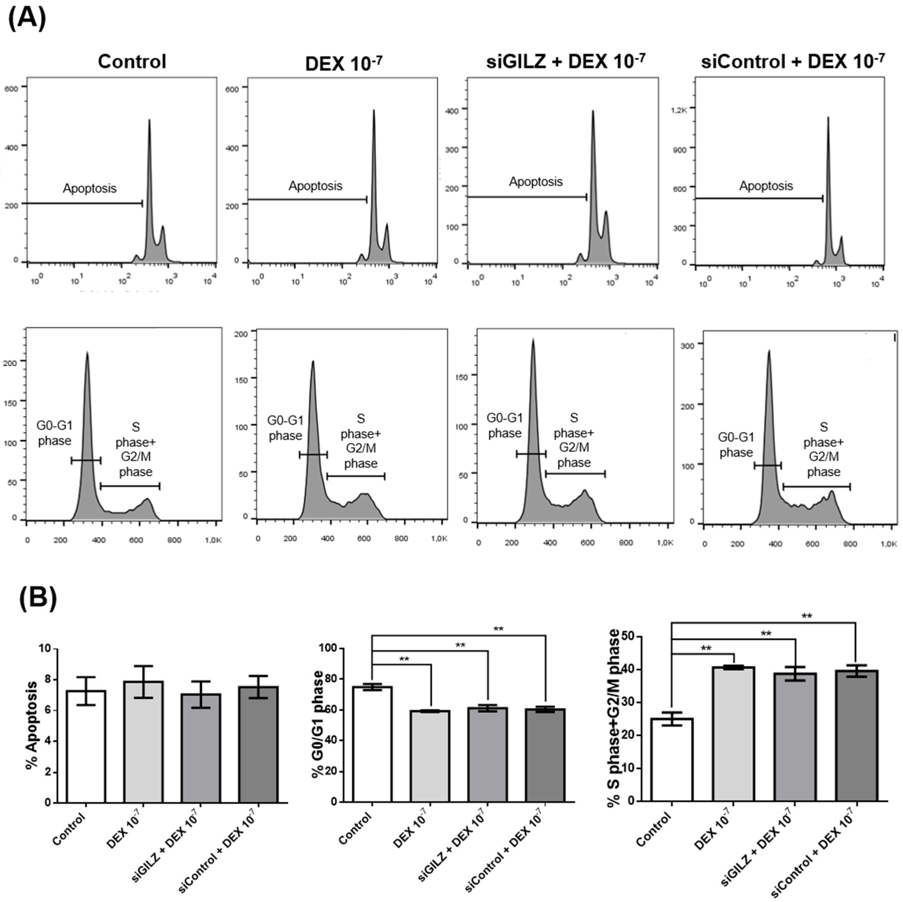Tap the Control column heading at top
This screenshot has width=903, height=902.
point(132,62)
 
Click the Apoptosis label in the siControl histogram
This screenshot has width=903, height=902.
point(766,186)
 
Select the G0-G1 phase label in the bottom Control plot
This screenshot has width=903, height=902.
point(55,433)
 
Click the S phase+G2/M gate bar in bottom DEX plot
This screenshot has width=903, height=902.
point(356,476)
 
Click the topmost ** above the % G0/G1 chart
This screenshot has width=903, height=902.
point(498,629)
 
